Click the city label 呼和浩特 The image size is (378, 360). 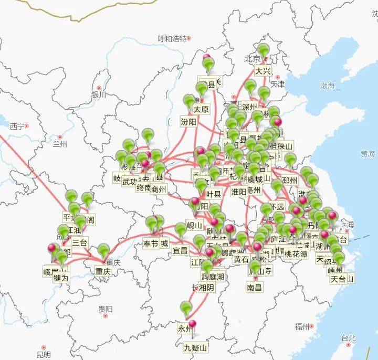click(172, 39)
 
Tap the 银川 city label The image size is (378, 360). click(98, 95)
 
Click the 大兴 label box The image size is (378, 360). click(263, 71)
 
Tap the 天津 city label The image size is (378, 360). click(277, 84)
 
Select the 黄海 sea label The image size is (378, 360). click(367, 154)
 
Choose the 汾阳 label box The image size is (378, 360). click(188, 122)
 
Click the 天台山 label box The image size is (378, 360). click(342, 278)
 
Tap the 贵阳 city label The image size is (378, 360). click(105, 310)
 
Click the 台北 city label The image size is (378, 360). click(348, 338)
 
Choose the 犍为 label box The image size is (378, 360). click(61, 278)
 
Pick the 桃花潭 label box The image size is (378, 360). click(297, 254)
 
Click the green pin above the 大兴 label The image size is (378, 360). click(263, 51)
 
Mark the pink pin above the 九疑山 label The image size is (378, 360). click(192, 325)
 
